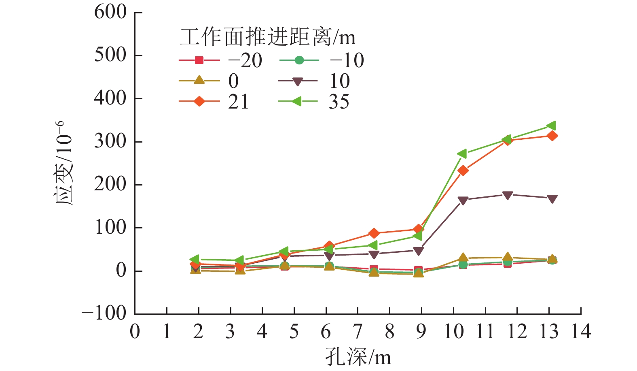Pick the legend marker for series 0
point(199,81)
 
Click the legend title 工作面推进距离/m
point(267,38)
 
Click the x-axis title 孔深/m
point(358,357)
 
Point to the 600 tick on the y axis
point(110,12)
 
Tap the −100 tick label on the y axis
point(104,314)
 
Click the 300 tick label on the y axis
point(110,142)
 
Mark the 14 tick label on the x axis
point(581,332)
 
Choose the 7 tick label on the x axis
point(358,332)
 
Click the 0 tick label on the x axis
point(135,332)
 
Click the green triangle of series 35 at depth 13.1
point(552,126)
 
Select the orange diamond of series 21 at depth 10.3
point(463,171)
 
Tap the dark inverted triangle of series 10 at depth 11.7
point(508,195)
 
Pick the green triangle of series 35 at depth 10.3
point(462,154)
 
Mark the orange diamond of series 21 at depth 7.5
point(374,233)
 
